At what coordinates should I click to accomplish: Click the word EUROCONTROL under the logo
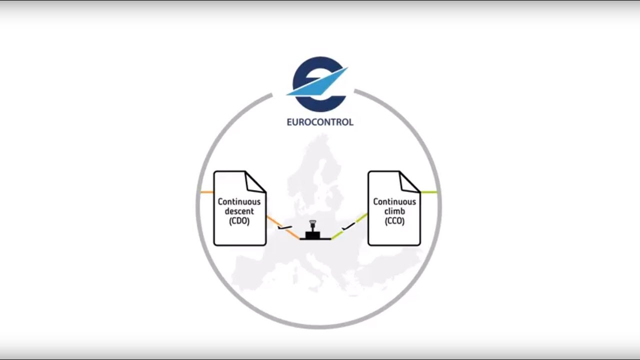tap(319, 122)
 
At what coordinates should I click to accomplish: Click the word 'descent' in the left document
tap(239, 211)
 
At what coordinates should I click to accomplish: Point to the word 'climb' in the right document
tap(394, 211)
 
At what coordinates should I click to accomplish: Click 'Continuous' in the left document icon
tap(239, 202)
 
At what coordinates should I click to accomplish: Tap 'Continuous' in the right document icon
tap(394, 202)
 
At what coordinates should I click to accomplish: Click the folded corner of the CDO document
tap(255, 181)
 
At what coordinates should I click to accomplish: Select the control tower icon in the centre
tap(312, 231)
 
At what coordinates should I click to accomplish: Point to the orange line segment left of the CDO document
tap(206, 192)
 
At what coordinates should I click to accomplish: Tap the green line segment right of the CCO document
tap(428, 192)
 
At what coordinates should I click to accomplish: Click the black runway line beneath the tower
tap(315, 239)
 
